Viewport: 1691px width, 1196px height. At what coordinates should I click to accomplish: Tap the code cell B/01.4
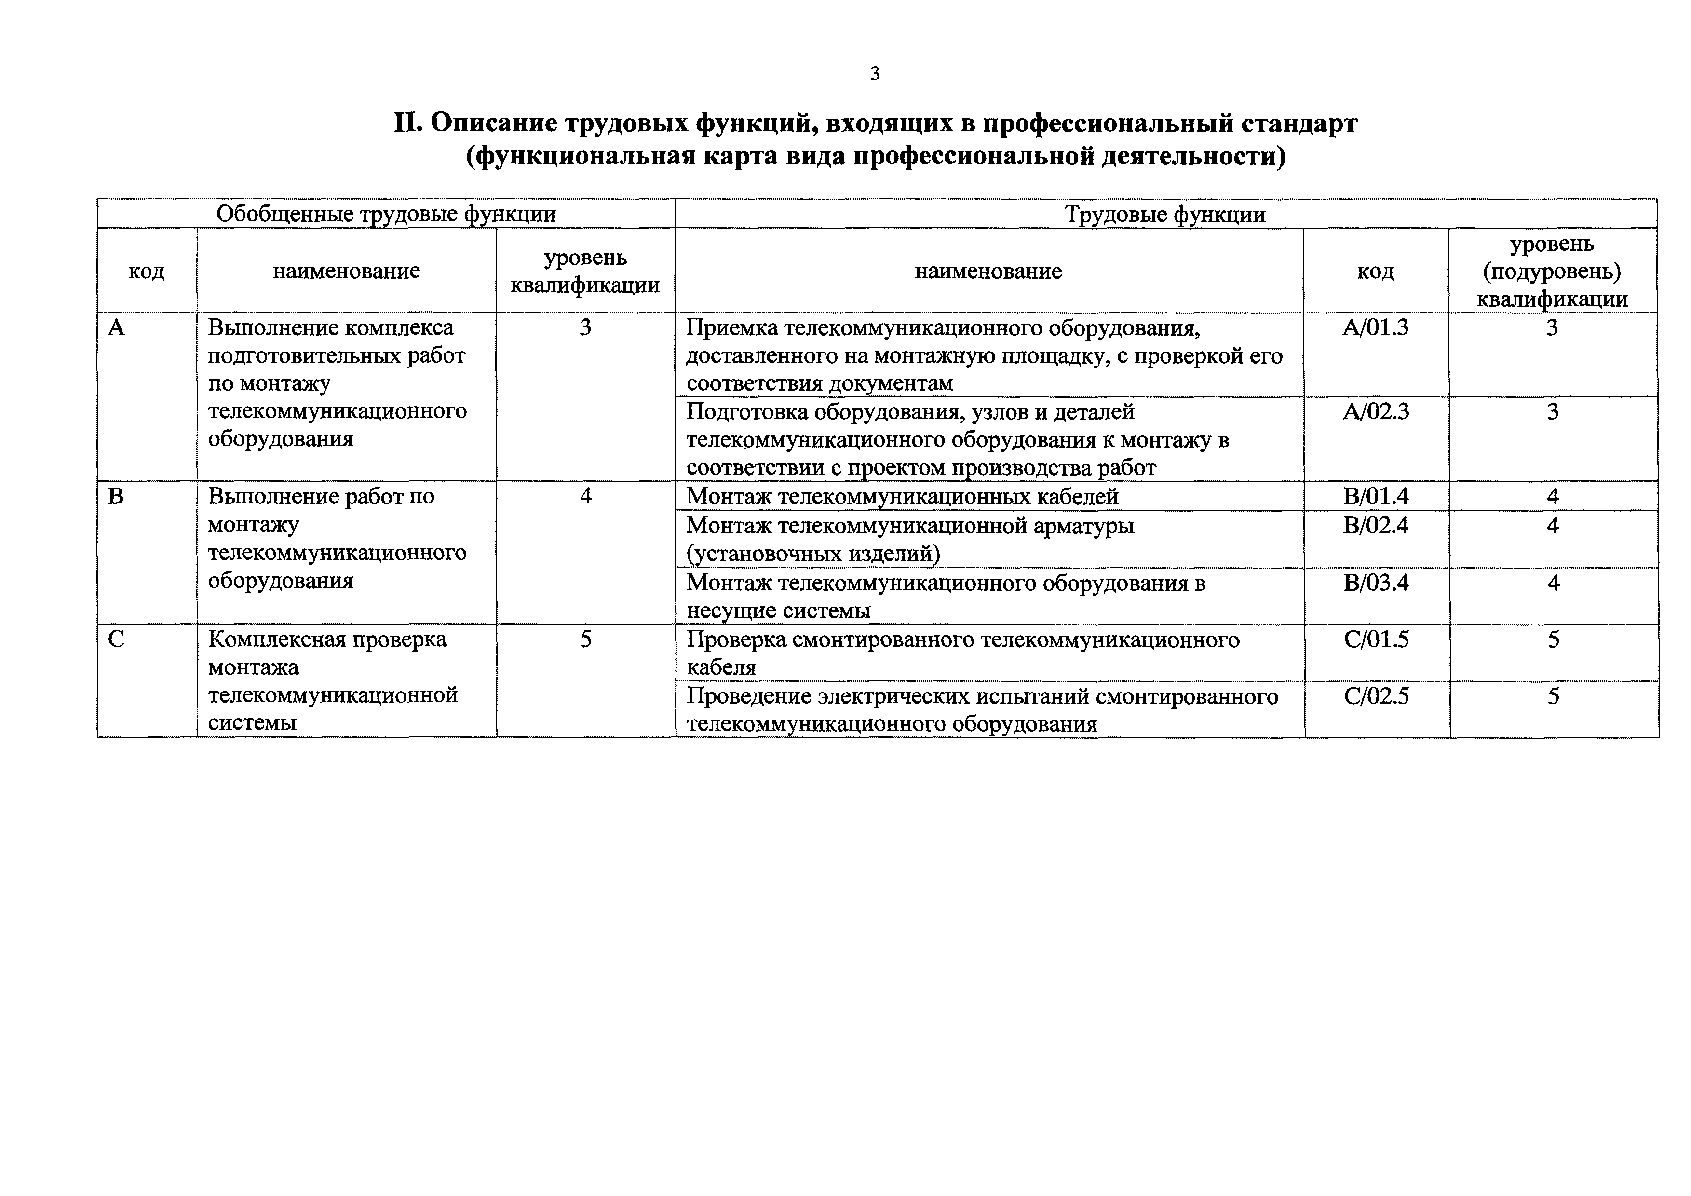tap(1376, 496)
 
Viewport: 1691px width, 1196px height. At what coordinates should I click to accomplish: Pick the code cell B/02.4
tap(1376, 525)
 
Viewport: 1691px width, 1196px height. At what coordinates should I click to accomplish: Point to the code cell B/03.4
tap(1376, 583)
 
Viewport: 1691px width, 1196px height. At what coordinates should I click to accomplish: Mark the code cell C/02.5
tap(1376, 696)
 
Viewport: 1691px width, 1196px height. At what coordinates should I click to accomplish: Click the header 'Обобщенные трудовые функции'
tap(386, 214)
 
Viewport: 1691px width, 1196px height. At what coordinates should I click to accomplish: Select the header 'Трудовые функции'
tap(1165, 214)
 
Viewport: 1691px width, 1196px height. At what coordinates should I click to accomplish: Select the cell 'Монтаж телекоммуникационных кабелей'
tap(902, 496)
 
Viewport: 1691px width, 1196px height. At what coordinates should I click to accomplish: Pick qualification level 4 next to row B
tap(585, 496)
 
